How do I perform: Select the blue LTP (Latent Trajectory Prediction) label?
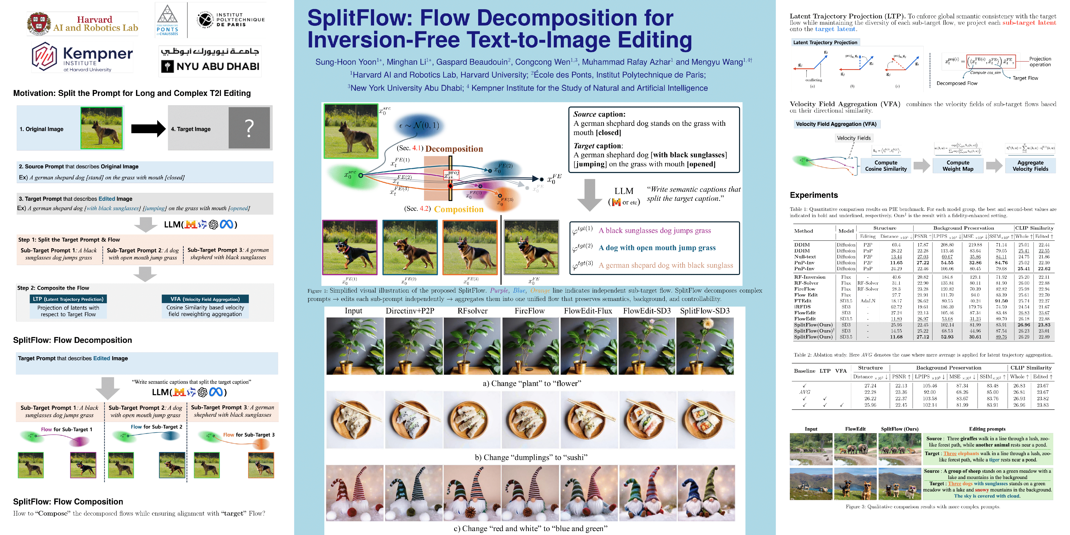[x=68, y=299]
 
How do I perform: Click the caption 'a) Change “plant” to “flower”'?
[x=532, y=383]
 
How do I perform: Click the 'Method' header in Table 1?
[x=803, y=231]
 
